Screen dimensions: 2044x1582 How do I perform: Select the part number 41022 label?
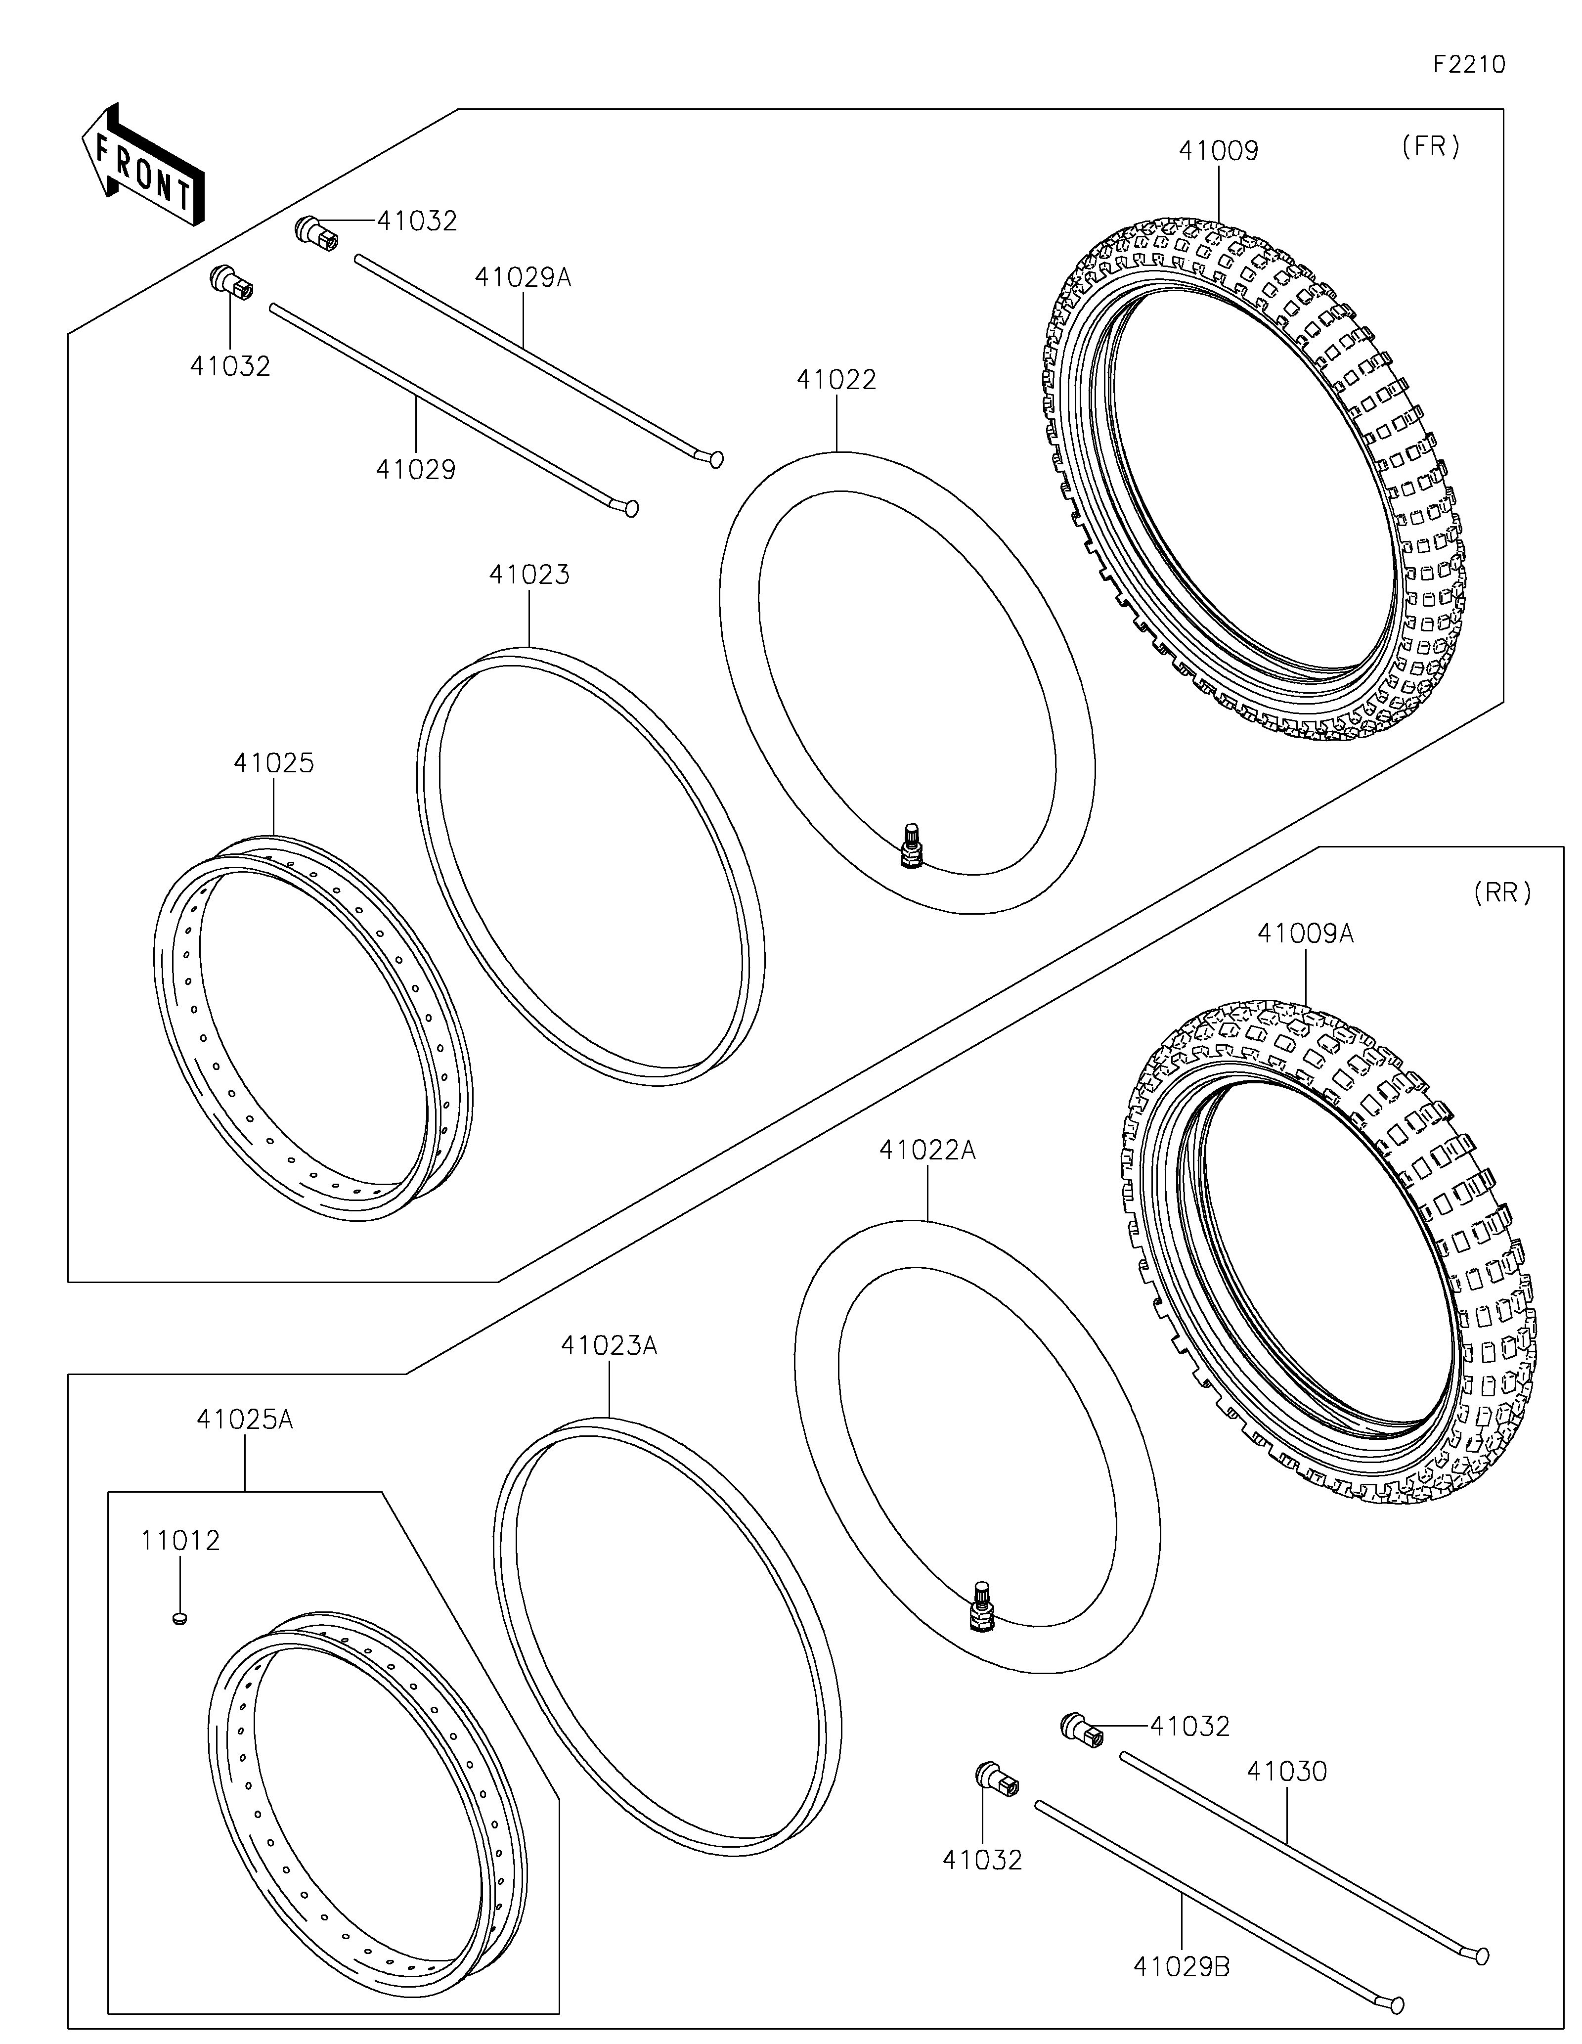pos(836,380)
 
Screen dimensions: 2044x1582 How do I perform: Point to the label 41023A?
pos(609,1346)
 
